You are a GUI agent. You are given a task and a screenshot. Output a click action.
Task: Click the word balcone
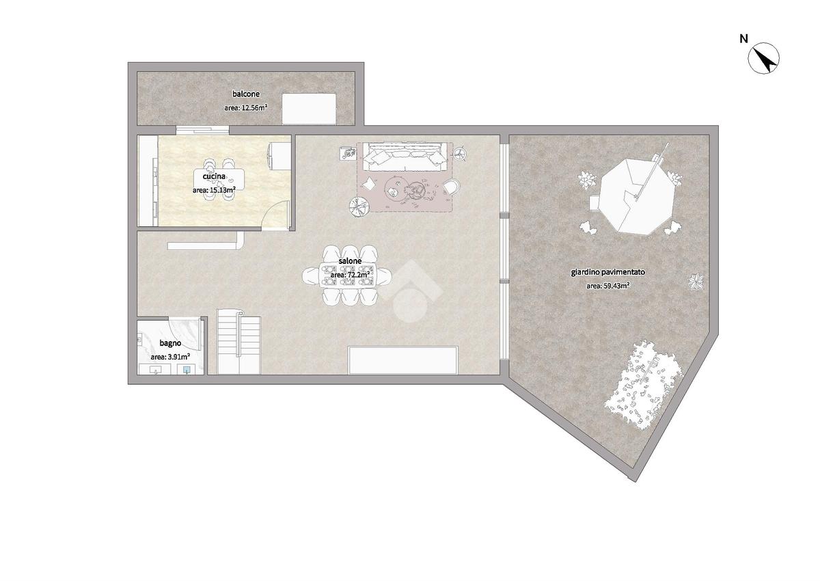click(x=246, y=94)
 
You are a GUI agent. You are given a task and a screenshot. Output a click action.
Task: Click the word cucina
click(x=214, y=176)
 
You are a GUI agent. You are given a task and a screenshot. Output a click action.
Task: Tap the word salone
click(x=350, y=261)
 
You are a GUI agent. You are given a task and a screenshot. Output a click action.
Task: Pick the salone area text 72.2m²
click(x=360, y=274)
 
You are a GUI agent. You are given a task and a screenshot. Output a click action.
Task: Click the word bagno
click(x=170, y=343)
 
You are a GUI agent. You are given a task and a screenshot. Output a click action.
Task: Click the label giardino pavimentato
click(x=608, y=272)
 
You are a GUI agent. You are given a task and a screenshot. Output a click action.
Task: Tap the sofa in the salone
click(x=405, y=157)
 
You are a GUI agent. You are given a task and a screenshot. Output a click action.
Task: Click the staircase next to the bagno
click(x=239, y=345)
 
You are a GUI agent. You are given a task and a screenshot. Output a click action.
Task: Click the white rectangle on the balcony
click(x=310, y=109)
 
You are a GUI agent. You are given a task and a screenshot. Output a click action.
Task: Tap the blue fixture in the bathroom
click(x=187, y=369)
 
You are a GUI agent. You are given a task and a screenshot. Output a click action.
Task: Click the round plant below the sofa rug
click(x=359, y=207)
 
